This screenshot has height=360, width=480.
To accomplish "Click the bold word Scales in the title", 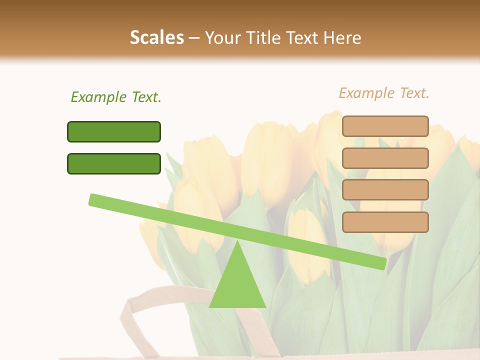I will point(156,38).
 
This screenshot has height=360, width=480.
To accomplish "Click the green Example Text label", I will point(116,97).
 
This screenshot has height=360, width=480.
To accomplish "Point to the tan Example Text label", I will point(384,93).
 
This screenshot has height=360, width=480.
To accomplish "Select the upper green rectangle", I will point(114,131).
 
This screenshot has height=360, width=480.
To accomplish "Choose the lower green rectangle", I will point(114,163).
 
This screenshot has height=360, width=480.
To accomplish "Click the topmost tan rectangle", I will point(385,126).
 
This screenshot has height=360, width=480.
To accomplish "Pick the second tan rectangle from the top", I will point(385,158).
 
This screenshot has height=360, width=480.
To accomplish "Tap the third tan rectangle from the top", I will point(385,190).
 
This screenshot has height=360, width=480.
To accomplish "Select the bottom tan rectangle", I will point(385,222).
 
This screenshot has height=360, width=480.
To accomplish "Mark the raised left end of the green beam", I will point(93,199).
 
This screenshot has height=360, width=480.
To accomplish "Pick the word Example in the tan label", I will point(366,93).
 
